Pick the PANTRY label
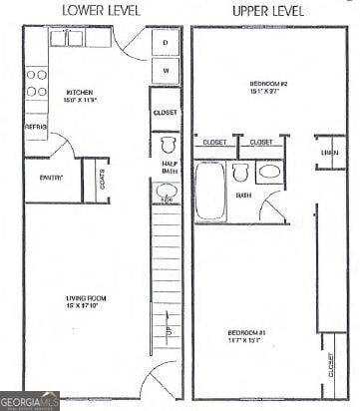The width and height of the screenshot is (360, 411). click(x=51, y=178)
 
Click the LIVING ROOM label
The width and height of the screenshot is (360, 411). click(x=87, y=299)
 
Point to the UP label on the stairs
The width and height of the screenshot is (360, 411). click(x=168, y=328)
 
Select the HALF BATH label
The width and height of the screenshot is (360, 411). click(x=168, y=167)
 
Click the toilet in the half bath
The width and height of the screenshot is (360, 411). click(x=168, y=143)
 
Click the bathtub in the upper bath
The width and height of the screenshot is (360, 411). click(x=210, y=193)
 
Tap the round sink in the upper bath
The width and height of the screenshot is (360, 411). click(x=269, y=173)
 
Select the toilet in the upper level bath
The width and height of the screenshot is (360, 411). click(x=239, y=173)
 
